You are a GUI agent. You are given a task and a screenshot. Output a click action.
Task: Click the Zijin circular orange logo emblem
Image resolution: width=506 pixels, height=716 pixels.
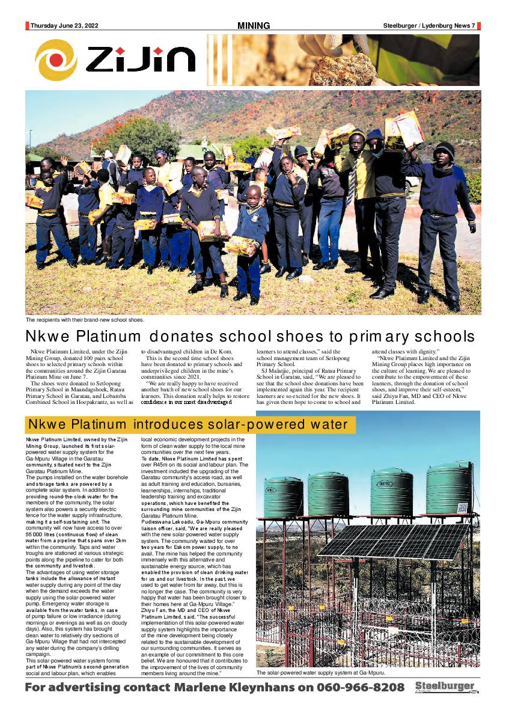(x=56, y=60)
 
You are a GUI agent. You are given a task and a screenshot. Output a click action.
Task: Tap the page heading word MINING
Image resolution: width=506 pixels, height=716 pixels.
(x=254, y=26)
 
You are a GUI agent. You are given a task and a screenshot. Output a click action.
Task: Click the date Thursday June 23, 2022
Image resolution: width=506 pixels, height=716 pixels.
(x=64, y=26)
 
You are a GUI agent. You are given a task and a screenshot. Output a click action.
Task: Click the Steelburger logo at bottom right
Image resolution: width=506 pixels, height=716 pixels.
(x=445, y=688)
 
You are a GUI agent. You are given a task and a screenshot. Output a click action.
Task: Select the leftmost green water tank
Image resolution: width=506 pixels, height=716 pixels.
(x=283, y=497)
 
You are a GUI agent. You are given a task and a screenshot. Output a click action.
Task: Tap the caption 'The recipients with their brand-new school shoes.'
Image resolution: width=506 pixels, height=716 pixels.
(x=85, y=320)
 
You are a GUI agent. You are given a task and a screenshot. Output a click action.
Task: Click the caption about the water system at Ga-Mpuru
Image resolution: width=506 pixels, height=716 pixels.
(x=320, y=673)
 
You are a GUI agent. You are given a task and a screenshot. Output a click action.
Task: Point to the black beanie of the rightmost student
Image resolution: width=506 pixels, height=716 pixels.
(x=444, y=150)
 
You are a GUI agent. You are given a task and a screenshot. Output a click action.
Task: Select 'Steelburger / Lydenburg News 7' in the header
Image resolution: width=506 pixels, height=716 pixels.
(x=429, y=26)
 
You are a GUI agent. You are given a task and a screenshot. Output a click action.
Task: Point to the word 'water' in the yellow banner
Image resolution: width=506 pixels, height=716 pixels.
(x=328, y=425)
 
